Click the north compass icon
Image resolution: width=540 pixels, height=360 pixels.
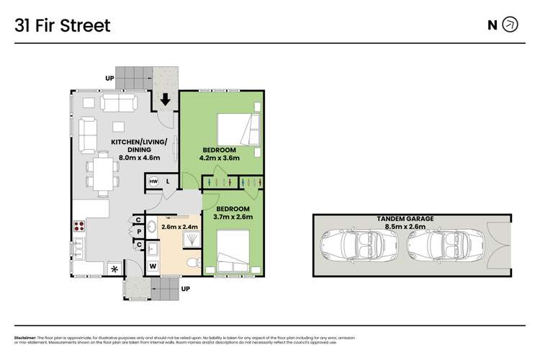(x=510, y=25)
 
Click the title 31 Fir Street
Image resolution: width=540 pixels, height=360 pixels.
(x=63, y=26)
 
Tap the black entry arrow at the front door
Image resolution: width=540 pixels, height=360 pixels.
(x=166, y=99)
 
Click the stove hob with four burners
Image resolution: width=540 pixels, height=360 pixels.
(x=78, y=226)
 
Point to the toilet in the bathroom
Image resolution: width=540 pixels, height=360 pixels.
(x=191, y=264)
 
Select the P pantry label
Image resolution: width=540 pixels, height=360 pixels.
(x=138, y=231)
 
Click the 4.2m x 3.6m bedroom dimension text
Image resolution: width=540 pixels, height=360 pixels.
(x=219, y=158)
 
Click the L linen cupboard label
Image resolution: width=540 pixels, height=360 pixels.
(x=168, y=181)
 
